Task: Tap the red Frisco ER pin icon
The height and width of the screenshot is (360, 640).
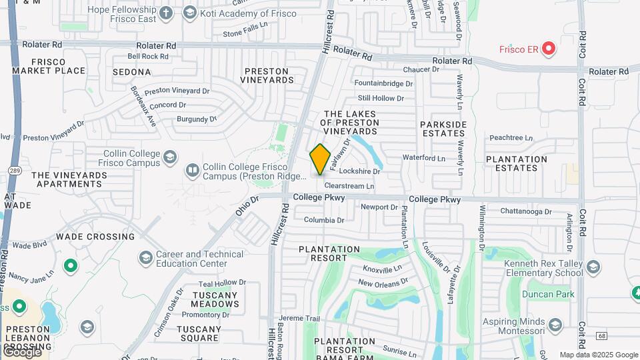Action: coord(548,48)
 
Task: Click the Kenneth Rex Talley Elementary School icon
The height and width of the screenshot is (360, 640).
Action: coord(594,267)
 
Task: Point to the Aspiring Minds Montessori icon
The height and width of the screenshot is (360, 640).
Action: coord(557,325)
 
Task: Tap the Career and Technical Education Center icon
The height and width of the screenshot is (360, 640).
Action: coord(145,258)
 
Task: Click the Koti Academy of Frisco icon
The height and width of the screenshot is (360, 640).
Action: coord(190,13)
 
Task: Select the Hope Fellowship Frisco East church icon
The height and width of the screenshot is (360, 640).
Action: coord(166,13)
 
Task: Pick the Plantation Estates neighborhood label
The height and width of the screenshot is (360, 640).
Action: coord(517,163)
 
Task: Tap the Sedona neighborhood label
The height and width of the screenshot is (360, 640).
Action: coord(132,71)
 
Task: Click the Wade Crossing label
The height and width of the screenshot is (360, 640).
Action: coord(95,237)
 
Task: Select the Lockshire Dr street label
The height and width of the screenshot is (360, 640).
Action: coord(359,171)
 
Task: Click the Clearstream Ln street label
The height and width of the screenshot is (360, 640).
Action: coord(349,186)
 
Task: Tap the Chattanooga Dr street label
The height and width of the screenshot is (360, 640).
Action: coord(527,212)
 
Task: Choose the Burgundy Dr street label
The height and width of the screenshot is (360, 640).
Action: coord(197,119)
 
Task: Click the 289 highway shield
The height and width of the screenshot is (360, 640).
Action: coord(14,171)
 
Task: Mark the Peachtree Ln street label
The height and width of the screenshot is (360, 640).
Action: coord(511,138)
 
